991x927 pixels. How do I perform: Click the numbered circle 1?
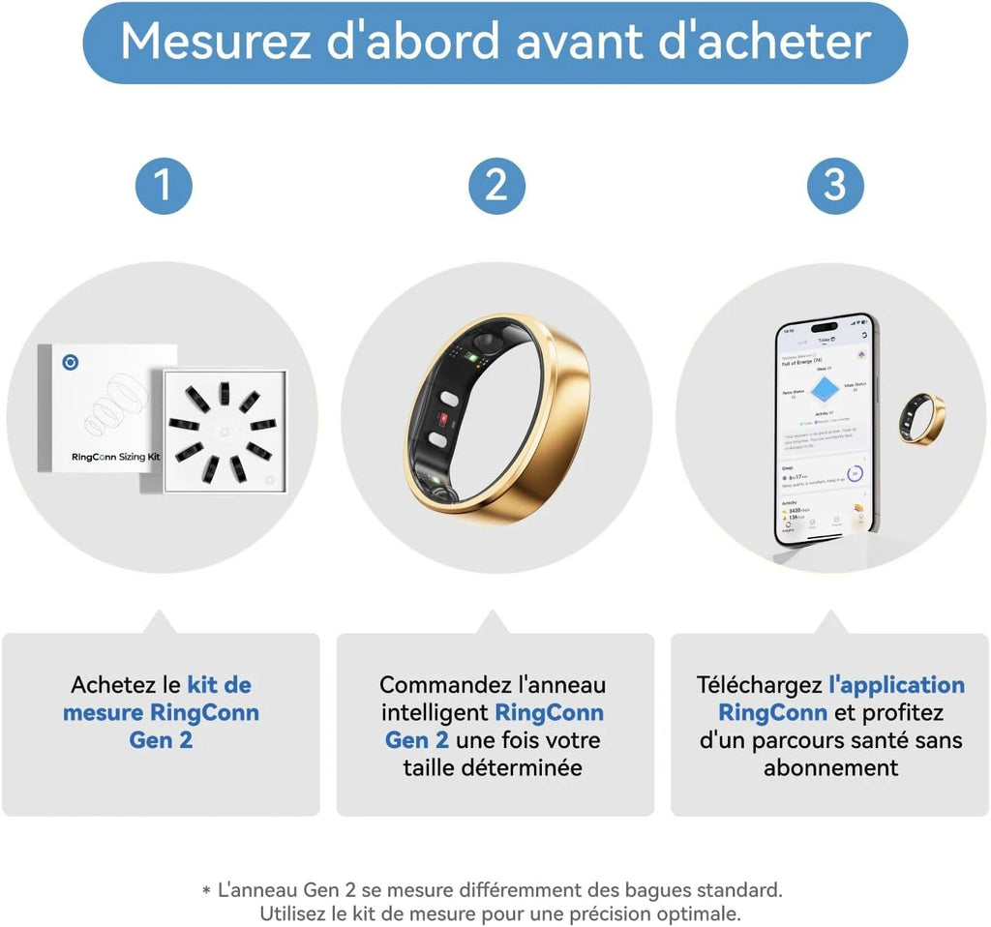pos(162,184)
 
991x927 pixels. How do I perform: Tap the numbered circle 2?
pos(495,184)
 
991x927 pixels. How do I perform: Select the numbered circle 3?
pos(834,184)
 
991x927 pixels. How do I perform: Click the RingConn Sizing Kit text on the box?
pos(115,456)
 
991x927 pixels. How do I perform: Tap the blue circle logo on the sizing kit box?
pos(71,363)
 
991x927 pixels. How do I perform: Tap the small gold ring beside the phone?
pos(921,418)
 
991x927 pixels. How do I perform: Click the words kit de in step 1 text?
pos(219,685)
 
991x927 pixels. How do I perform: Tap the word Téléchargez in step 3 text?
pos(759,685)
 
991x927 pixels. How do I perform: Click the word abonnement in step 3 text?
pos(830,768)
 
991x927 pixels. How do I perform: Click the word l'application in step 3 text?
pos(896,685)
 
